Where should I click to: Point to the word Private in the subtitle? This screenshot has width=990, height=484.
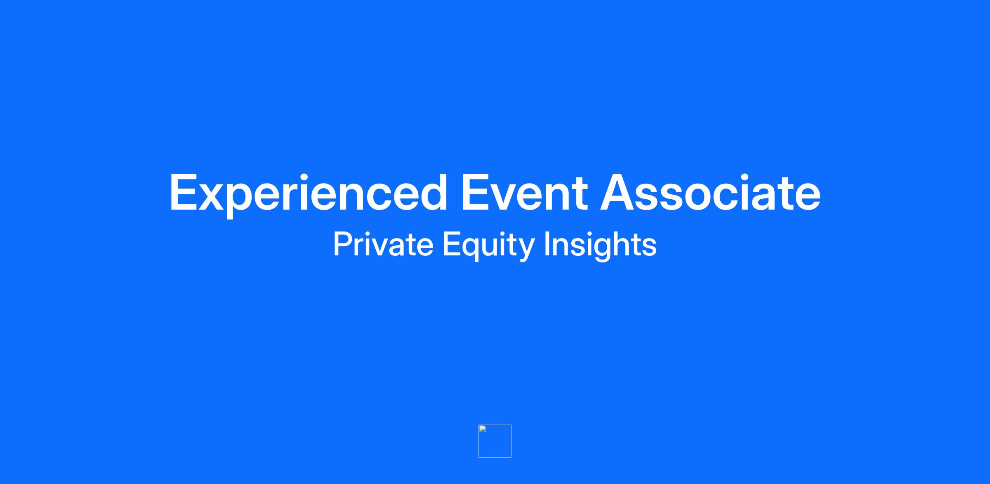tap(383, 244)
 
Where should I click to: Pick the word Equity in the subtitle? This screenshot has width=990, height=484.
tap(489, 246)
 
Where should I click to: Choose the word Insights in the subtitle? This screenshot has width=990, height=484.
tap(600, 246)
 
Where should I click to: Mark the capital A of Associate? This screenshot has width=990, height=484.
tap(620, 192)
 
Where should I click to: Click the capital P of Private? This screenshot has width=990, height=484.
tap(343, 244)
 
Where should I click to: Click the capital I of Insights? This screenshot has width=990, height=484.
tap(547, 244)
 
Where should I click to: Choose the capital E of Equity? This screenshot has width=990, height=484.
tap(451, 244)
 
